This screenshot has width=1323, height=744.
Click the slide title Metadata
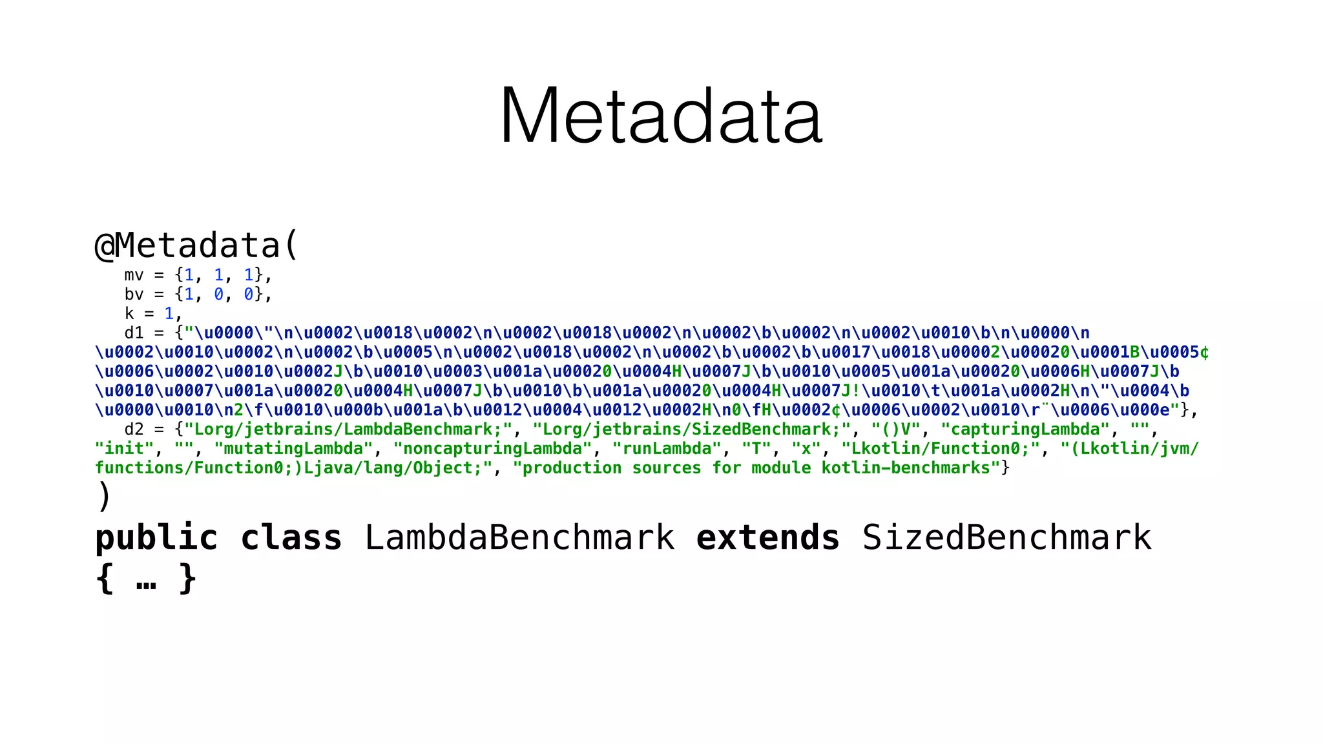(661, 116)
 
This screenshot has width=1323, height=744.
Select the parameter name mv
(134, 276)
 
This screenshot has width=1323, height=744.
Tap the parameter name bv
(134, 294)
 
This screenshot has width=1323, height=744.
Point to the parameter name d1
(134, 333)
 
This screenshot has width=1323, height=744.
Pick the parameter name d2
(134, 429)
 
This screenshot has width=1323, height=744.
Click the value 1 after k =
(169, 314)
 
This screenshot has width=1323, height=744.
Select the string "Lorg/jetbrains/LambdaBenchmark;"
(348, 429)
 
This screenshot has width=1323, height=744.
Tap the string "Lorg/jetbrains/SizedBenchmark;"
(691, 429)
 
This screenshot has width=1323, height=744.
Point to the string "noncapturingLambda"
(492, 449)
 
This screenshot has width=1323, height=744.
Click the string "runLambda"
(667, 449)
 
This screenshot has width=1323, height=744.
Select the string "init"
(125, 449)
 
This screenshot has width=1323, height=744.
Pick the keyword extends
(768, 538)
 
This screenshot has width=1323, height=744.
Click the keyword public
(156, 538)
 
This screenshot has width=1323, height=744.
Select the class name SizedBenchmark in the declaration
(1006, 538)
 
